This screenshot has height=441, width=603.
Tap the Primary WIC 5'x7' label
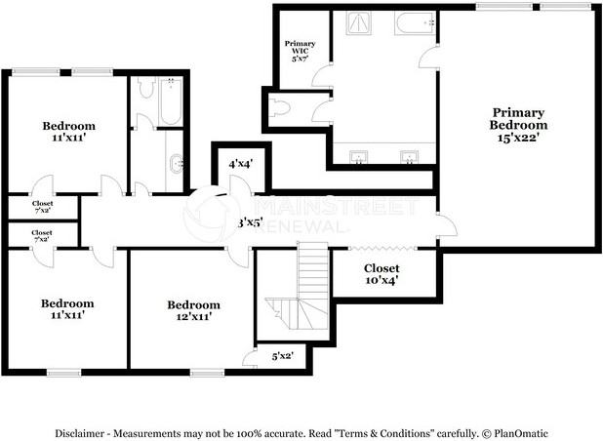click(300, 51)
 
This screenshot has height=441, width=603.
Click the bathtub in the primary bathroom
click(415, 22)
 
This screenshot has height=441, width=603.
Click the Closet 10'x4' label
click(382, 274)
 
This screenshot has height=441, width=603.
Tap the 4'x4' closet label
click(240, 165)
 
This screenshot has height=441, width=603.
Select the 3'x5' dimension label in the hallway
click(250, 223)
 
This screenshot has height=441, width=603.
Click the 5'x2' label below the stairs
click(282, 357)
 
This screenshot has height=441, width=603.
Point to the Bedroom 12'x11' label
click(192, 310)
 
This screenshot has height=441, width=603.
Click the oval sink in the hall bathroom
click(176, 164)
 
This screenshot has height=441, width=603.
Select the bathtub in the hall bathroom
click(169, 103)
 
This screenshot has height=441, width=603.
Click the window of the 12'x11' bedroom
click(206, 372)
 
